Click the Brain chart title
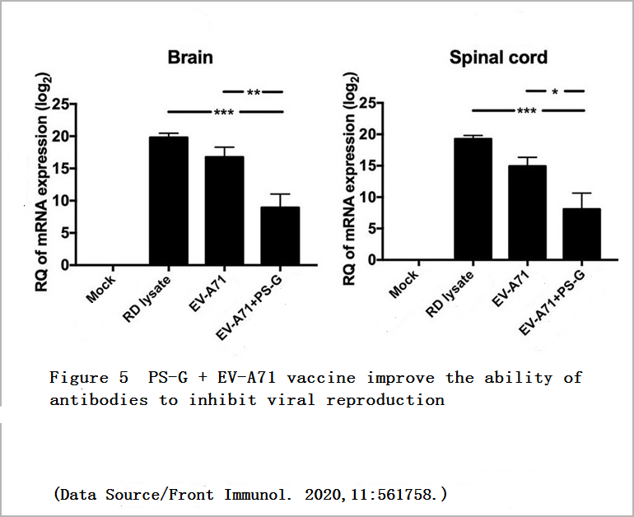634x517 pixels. click(x=190, y=58)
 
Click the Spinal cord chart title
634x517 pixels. click(x=498, y=58)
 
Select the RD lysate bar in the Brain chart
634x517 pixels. click(x=169, y=202)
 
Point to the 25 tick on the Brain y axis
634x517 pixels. click(x=59, y=104)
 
